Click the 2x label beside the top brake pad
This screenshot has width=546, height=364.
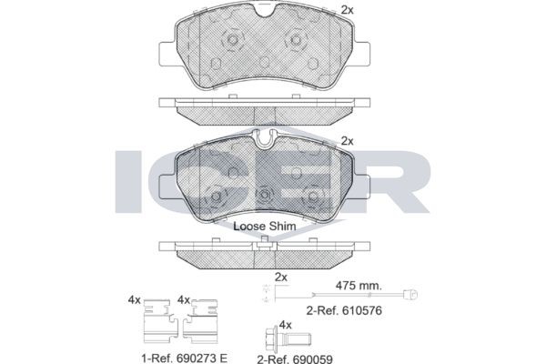click(x=346, y=10)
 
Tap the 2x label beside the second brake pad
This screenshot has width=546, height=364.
click(x=346, y=141)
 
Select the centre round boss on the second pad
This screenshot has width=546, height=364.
click(x=265, y=195)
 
